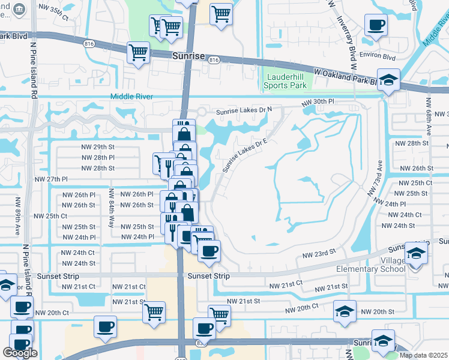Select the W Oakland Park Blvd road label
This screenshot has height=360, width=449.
348,76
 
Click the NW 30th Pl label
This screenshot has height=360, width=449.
317,102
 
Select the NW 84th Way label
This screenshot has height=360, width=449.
112,208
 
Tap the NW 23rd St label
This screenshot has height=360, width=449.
318,254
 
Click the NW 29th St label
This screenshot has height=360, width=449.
98,147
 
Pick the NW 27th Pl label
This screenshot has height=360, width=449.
51,179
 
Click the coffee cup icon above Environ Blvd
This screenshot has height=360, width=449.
376,25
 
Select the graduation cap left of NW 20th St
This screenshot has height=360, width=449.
345,311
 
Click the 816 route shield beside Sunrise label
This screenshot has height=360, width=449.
214,60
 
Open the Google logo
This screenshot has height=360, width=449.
20,353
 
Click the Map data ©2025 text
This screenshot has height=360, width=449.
423,355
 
